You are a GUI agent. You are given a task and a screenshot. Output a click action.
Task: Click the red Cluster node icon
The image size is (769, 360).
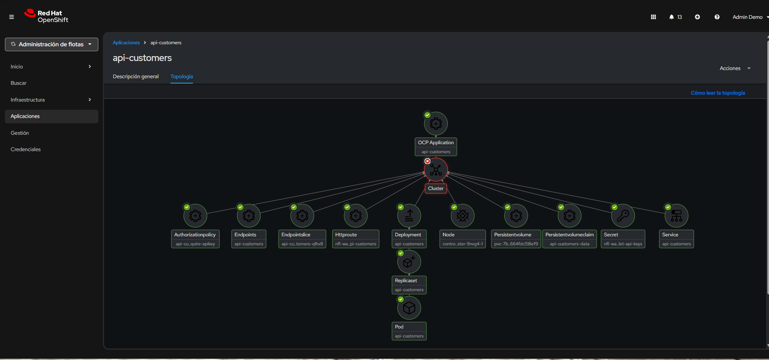(x=436, y=170)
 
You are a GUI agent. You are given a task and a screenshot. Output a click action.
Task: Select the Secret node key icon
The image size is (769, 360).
(x=623, y=216)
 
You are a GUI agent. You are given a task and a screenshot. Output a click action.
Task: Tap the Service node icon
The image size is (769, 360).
(x=676, y=216)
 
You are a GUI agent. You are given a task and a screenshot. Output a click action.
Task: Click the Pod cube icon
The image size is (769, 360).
(x=409, y=308)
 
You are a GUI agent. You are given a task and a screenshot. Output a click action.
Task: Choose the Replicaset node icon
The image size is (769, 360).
(x=409, y=262)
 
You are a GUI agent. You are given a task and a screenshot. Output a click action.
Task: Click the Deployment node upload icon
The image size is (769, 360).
(x=409, y=216)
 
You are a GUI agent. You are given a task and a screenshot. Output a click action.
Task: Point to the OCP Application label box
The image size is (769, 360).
(x=436, y=147)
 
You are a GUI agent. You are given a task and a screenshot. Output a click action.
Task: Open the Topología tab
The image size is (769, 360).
(x=181, y=77)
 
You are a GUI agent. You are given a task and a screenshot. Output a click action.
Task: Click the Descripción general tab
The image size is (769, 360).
(x=136, y=77)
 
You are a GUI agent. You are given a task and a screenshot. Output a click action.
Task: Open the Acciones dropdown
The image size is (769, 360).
(x=735, y=68)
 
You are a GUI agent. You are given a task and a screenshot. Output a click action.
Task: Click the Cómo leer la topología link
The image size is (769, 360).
(x=718, y=93)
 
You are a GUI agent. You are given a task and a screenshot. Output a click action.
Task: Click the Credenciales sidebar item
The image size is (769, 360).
(x=26, y=149)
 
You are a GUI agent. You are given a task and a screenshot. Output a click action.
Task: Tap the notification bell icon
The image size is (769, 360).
(x=671, y=17)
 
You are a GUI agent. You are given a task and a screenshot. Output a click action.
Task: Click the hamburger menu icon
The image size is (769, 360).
(x=11, y=17)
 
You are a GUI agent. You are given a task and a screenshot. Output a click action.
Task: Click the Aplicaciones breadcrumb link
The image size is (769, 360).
(x=126, y=43)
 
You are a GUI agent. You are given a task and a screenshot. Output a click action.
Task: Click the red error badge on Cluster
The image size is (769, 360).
(x=427, y=161)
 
